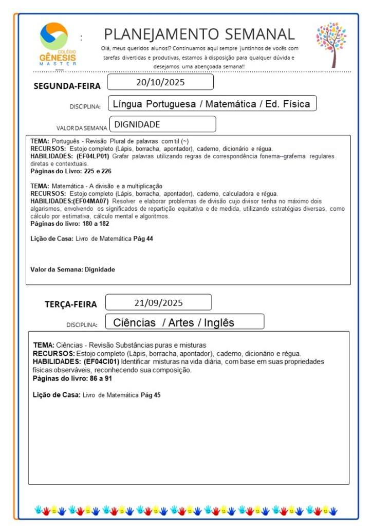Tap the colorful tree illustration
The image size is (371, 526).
click(331, 44)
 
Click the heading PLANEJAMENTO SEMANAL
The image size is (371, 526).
click(199, 34)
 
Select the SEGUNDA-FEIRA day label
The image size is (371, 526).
click(67, 86)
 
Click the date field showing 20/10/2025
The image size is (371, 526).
click(160, 82)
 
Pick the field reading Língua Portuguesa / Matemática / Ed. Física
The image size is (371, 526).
click(212, 104)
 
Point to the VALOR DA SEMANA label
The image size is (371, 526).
click(82, 128)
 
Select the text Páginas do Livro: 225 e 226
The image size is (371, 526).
click(71, 171)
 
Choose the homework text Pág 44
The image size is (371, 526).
click(143, 239)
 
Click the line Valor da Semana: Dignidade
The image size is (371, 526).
click(72, 269)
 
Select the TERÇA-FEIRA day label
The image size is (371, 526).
click(70, 304)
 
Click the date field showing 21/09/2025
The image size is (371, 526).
click(158, 302)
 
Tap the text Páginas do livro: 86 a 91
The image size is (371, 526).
click(72, 378)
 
